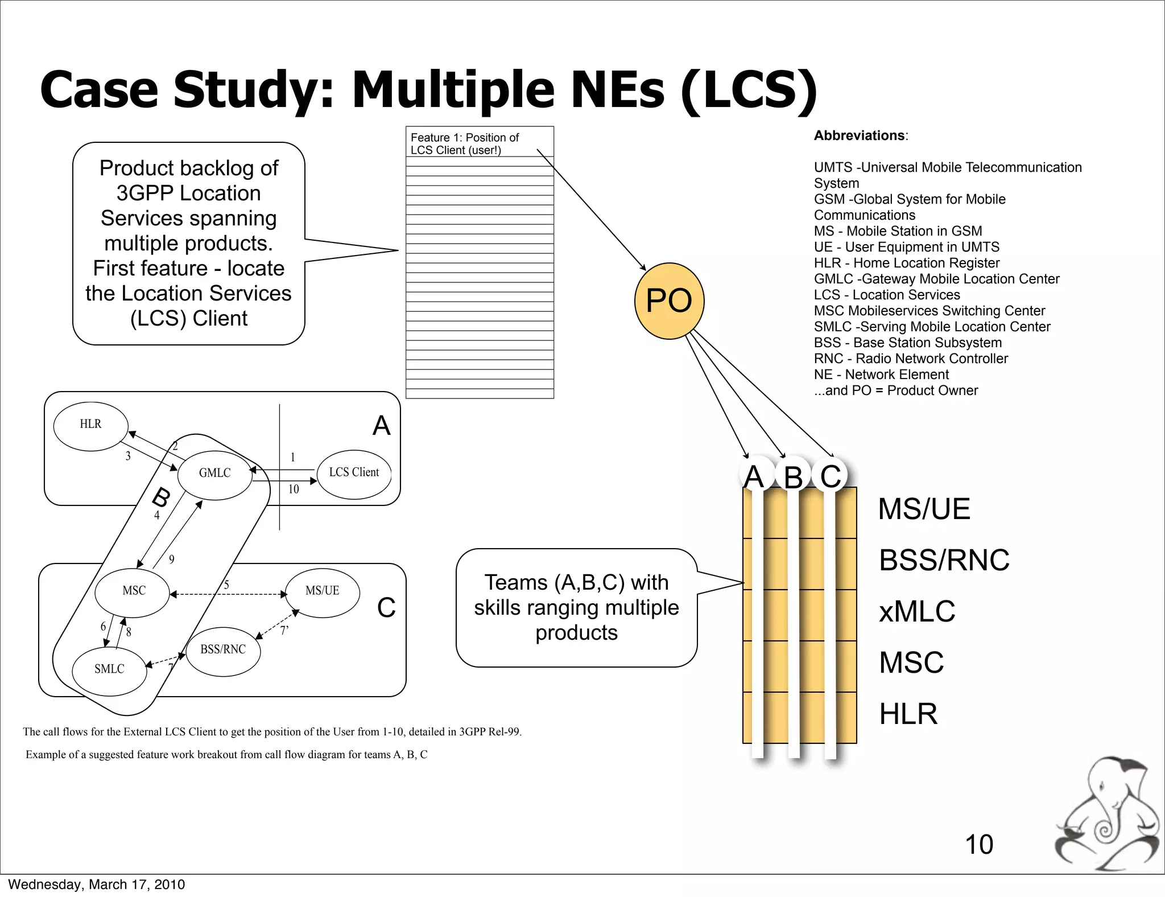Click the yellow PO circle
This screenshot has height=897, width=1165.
pos(669,301)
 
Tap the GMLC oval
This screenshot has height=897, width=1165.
pos(214,474)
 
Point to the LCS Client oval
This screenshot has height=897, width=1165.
pos(354,474)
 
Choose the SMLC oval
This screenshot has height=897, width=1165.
pos(109,670)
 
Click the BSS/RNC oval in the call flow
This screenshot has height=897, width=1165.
pos(223,650)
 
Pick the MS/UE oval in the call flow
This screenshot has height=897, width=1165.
pos(322,592)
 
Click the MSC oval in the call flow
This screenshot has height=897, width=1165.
pos(133,592)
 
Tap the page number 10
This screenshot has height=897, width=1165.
pos(978,845)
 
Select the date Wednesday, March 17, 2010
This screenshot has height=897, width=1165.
pos(97,884)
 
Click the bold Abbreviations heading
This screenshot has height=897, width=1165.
pos(859,135)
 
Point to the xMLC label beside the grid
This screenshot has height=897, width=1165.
pos(917,612)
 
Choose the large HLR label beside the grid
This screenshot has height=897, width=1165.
pos(908,714)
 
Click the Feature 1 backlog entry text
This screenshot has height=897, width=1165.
pos(465,143)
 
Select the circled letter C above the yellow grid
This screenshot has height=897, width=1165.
pos(831,476)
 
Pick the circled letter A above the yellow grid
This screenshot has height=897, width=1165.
pos(754,476)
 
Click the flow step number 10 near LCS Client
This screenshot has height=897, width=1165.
pos(294,489)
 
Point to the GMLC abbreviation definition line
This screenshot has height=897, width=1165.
pos(936,279)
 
